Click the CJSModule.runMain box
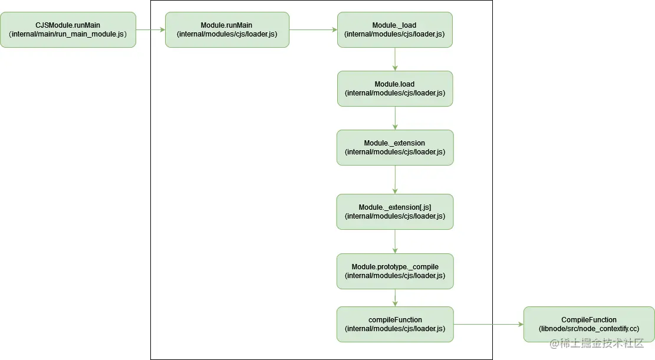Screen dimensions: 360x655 pyautogui.click(x=68, y=29)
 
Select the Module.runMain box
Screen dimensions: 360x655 pyautogui.click(x=227, y=29)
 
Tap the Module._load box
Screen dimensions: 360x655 pyautogui.click(x=394, y=29)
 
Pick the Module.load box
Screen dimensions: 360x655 pyautogui.click(x=394, y=88)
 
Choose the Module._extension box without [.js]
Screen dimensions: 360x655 pyautogui.click(x=394, y=147)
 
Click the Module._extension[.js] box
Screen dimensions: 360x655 pyautogui.click(x=394, y=212)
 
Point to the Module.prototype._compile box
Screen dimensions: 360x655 pyautogui.click(x=394, y=271)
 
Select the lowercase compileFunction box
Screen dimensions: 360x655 pyautogui.click(x=394, y=324)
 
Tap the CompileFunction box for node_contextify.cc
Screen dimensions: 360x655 pyautogui.click(x=588, y=324)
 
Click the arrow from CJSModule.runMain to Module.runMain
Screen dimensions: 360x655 pyautogui.click(x=150, y=29)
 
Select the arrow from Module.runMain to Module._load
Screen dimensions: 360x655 pyautogui.click(x=313, y=29)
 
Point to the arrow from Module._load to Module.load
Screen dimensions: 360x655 pyautogui.click(x=395, y=59)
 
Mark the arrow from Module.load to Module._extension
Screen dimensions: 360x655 pyautogui.click(x=395, y=118)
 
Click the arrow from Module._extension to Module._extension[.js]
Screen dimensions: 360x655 pyautogui.click(x=395, y=179)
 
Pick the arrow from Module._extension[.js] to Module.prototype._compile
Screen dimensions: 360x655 pyautogui.click(x=395, y=241)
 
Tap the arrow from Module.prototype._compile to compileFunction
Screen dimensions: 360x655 pyautogui.click(x=395, y=298)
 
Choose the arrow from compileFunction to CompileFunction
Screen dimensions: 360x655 pyautogui.click(x=488, y=324)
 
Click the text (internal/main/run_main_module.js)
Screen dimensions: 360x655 pyautogui.click(x=68, y=34)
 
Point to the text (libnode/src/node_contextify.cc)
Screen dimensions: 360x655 pyautogui.click(x=588, y=329)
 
